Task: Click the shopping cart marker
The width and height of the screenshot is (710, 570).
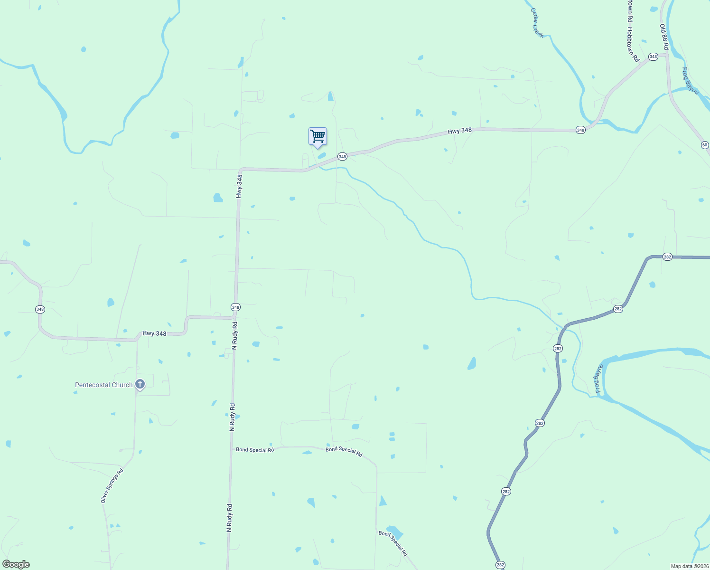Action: click(x=318, y=136)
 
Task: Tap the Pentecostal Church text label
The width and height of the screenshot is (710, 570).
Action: click(x=104, y=385)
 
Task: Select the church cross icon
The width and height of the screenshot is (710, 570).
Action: click(x=140, y=384)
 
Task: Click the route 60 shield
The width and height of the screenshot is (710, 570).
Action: click(x=705, y=145)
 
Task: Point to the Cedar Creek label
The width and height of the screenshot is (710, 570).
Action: click(x=537, y=23)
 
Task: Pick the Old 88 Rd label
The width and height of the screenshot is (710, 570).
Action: click(x=664, y=37)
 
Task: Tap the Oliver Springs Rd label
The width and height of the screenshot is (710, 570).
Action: click(x=112, y=486)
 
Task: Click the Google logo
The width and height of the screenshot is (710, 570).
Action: click(x=16, y=564)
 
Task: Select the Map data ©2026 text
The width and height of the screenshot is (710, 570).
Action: click(x=689, y=566)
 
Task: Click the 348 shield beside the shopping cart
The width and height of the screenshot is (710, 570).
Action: click(x=342, y=156)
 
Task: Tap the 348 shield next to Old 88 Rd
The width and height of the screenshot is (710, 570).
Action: click(x=653, y=57)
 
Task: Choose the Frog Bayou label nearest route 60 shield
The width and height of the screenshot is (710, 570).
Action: click(x=690, y=81)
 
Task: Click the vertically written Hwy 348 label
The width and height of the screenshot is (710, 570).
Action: click(x=240, y=186)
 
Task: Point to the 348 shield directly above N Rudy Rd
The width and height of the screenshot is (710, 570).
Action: click(x=236, y=307)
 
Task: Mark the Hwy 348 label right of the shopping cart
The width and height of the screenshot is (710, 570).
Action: click(x=460, y=131)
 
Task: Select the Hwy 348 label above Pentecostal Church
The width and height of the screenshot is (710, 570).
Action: click(x=155, y=333)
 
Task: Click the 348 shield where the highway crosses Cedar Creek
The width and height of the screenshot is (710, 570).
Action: click(x=580, y=130)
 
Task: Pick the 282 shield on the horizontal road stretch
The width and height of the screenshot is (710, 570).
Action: click(x=667, y=257)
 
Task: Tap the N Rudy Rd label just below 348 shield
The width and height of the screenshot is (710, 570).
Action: click(x=234, y=335)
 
